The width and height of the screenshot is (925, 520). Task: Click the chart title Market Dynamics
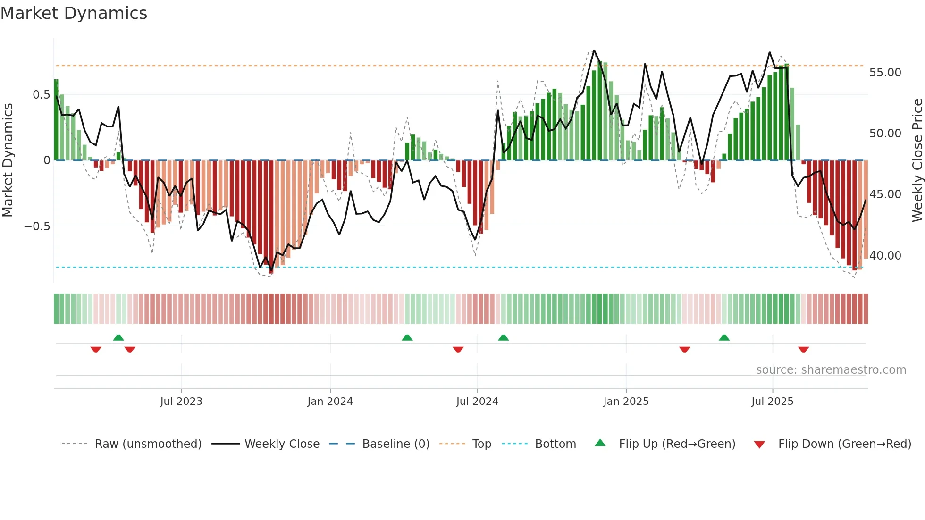point(74,13)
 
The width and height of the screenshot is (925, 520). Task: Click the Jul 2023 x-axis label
point(181,402)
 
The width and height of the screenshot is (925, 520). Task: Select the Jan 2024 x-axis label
point(330,402)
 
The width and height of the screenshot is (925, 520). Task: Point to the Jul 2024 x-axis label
point(477,402)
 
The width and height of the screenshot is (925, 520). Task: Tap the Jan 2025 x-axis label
point(626,402)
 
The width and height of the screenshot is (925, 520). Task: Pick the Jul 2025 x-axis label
point(773,402)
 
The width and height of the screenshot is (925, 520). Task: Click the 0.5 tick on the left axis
point(41,95)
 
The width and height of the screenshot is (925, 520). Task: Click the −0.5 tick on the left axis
point(37,226)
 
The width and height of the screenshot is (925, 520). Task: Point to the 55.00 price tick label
point(885,73)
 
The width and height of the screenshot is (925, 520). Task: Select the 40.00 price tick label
point(885,256)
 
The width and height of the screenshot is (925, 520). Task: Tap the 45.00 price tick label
point(885,194)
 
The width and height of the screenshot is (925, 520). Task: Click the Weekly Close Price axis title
point(917,160)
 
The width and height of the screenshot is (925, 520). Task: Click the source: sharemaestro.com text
point(831,370)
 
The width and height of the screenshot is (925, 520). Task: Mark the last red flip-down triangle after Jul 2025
point(804,350)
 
